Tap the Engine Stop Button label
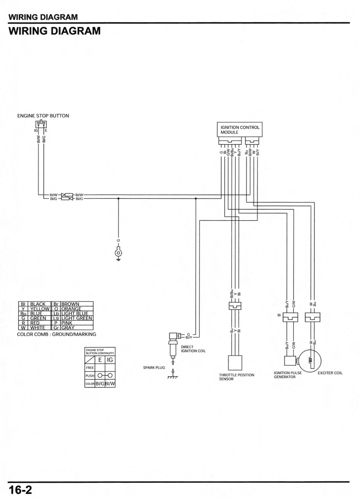coord(43,116)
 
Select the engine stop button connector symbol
coord(41,124)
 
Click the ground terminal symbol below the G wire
coord(118,253)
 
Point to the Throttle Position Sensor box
coord(235,363)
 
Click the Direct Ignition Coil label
coord(193,349)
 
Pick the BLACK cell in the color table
coord(38,304)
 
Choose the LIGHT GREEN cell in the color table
coord(76,318)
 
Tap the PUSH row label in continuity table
coord(90,376)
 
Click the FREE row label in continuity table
coord(90,367)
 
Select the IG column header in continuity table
coord(110,360)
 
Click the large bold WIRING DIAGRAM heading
coord(54,31)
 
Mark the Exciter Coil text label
coord(330,373)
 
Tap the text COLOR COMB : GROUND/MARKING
coord(56,334)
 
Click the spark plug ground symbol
coord(172,376)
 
